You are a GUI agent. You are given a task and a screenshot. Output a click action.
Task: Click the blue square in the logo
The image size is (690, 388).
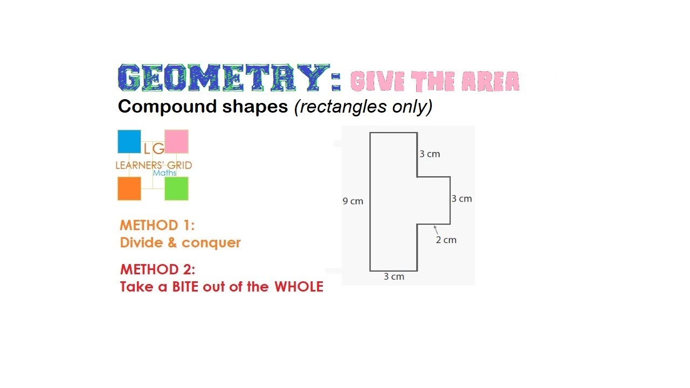click(129, 141)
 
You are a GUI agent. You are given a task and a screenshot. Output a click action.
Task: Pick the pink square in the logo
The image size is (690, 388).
click(176, 141)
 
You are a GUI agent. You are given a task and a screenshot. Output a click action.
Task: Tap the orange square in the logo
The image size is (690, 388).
click(129, 189)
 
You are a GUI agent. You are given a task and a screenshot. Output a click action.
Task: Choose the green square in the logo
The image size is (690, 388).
click(176, 189)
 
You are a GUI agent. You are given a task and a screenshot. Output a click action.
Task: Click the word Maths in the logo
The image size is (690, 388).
click(164, 174)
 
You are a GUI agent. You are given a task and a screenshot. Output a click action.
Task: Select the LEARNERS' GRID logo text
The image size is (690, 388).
click(154, 165)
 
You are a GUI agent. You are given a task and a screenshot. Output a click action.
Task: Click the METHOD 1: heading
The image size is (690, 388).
click(157, 225)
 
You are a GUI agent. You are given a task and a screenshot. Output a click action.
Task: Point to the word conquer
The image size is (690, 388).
click(211, 243)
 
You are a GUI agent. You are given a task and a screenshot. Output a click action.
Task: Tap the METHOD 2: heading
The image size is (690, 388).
click(157, 269)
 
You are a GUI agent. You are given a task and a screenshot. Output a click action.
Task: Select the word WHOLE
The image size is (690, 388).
click(299, 287)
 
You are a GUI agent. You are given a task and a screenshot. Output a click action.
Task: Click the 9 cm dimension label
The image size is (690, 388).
click(353, 202)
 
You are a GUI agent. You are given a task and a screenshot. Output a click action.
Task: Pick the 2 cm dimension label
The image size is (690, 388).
click(446, 240)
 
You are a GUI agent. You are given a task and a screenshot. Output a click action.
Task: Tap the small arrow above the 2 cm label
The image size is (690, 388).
click(435, 230)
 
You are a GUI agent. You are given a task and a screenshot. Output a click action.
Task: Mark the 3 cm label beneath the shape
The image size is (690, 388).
click(394, 277)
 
